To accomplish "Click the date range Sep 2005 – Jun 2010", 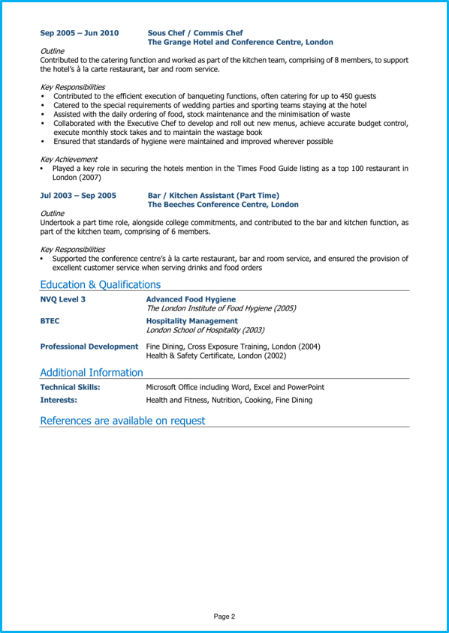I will tap(79, 33).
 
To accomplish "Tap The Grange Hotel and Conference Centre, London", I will tap(240, 43).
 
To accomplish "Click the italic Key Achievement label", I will tap(68, 159).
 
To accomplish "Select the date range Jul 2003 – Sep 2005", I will tap(78, 195).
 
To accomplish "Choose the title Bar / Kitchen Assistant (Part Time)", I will tap(213, 195).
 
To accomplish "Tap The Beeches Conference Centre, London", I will tap(223, 205).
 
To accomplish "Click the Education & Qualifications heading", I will tap(100, 284).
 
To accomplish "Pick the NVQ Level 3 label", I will tap(62, 299).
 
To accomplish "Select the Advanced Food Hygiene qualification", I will tap(191, 299).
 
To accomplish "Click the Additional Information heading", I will tap(91, 373).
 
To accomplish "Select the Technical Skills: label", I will tap(70, 387).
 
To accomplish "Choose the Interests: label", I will tap(59, 400).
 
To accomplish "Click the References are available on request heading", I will tap(122, 421).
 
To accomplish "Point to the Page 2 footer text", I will tap(225, 616).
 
